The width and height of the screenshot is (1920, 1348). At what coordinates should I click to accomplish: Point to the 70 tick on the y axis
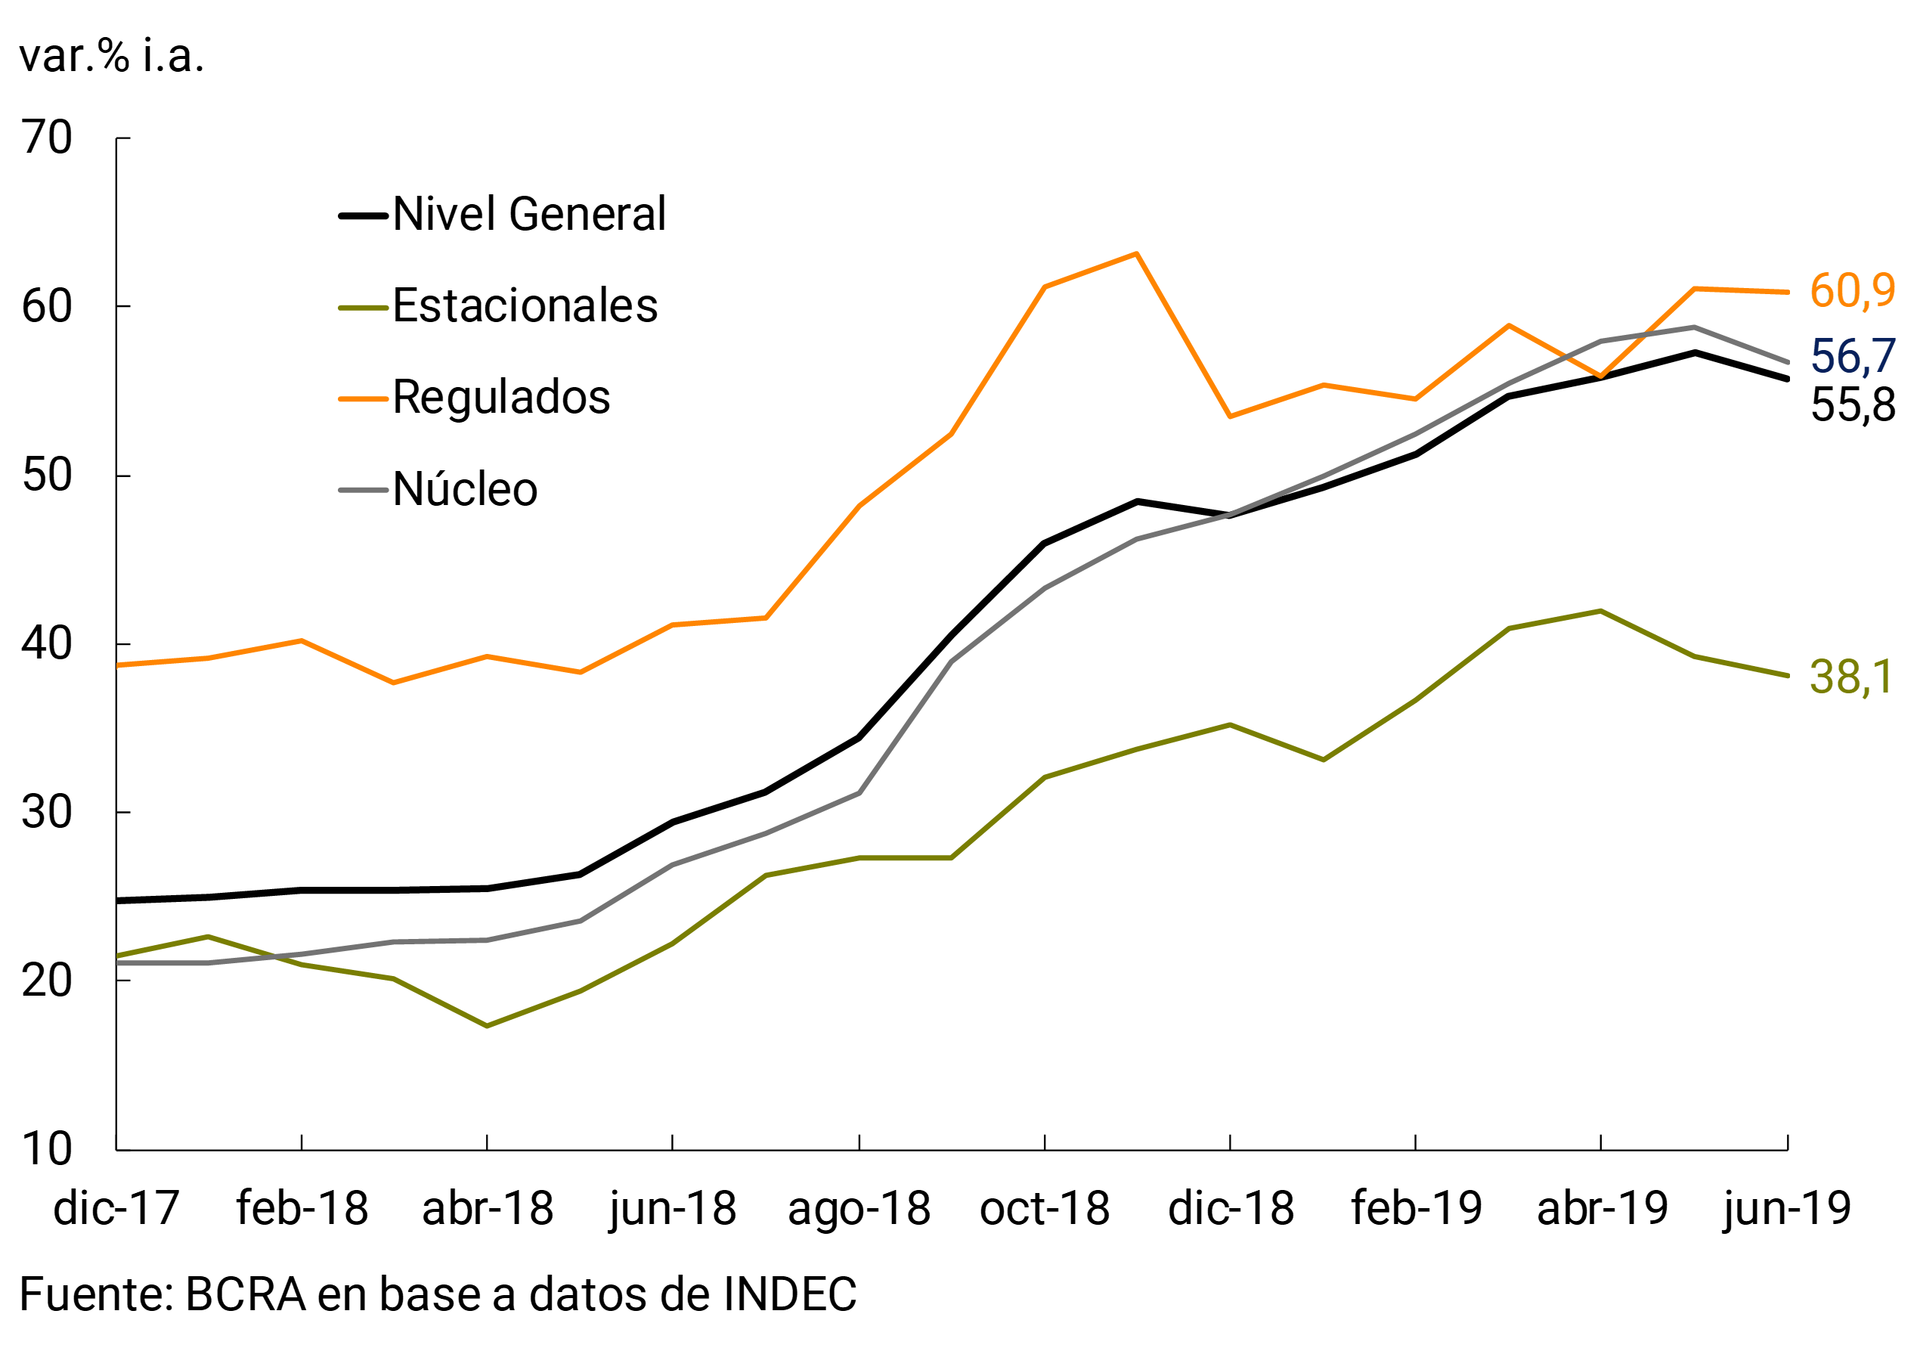coord(47,138)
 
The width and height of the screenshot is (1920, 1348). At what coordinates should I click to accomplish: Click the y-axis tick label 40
coord(47,645)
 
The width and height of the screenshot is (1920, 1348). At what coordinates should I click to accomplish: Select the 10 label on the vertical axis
coord(47,1150)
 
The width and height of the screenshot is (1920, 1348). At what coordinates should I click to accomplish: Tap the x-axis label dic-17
coord(116,1209)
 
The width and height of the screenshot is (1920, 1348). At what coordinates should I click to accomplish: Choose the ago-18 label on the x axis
coord(859,1209)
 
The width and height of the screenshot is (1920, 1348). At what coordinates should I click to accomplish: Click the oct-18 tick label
coord(1045,1209)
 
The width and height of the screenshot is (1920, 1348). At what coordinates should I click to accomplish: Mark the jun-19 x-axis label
coord(1787,1209)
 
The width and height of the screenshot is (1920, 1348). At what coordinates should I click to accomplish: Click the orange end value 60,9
coord(1852,291)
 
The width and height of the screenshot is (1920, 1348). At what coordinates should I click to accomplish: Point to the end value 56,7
coord(1852,356)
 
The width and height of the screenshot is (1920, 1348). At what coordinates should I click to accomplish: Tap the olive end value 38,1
coord(1850,677)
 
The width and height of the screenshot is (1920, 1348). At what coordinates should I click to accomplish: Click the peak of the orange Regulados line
coord(1136,253)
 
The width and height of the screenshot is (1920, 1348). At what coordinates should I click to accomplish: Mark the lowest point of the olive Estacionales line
coord(487,1026)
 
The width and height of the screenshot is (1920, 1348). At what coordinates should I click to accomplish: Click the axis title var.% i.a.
coord(111,57)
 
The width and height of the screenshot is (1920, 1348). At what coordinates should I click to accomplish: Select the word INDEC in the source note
coord(789,1294)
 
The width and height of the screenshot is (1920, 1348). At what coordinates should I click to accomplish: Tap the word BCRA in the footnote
coord(245,1294)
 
